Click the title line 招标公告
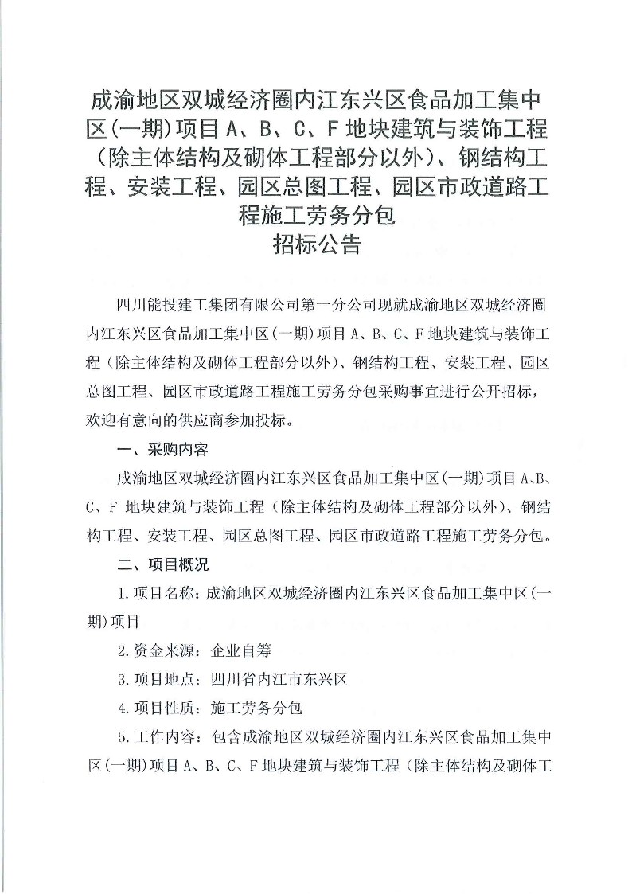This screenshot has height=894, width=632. pos(316,244)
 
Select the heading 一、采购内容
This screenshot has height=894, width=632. pos(162,451)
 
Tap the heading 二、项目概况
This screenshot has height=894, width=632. pos(162,565)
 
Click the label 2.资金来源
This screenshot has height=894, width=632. pos(154,651)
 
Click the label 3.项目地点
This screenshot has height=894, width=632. pos(154,680)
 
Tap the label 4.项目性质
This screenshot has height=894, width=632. pos(154,709)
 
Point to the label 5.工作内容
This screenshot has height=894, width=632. pos(154,737)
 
